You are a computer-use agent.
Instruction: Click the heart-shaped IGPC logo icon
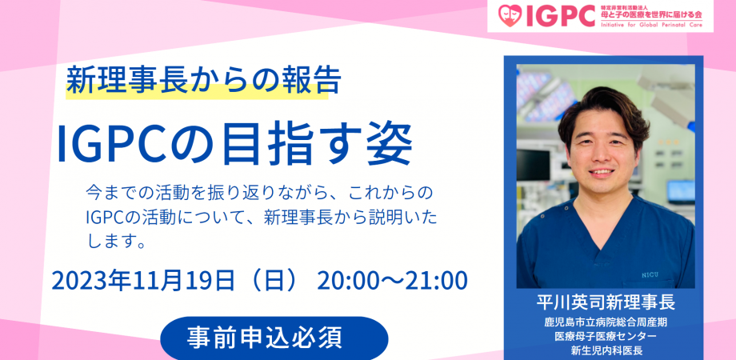tap(510, 16)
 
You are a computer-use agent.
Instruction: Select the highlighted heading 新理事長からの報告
tap(204, 80)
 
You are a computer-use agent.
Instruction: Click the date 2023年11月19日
tap(143, 280)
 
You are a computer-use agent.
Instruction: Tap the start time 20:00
tap(345, 280)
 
